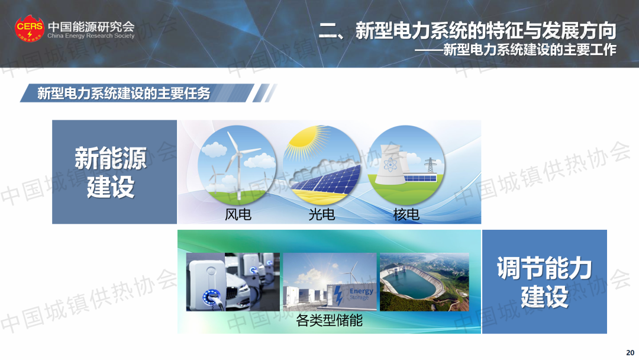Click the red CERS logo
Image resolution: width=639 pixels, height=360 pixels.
tap(30, 28)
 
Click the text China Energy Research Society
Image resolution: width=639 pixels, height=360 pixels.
tap(91, 36)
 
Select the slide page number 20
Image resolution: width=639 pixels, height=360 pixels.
tap(630, 353)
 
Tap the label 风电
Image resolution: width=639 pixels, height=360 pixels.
tap(238, 214)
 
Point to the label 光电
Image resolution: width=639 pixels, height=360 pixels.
tap(321, 214)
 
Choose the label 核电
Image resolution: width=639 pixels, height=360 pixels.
tap(406, 214)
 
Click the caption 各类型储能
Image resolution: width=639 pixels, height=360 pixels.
tap(330, 320)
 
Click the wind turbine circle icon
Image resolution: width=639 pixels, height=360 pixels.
tap(237, 165)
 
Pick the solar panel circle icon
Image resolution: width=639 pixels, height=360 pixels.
tap(322, 165)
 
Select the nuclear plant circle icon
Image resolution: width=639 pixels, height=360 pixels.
tap(406, 165)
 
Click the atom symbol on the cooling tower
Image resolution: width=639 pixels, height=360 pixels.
tap(390, 165)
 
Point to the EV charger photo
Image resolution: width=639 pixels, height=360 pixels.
tap(233, 282)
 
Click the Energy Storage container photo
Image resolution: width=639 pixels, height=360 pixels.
tap(330, 282)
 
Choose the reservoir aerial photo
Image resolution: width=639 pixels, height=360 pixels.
tap(424, 282)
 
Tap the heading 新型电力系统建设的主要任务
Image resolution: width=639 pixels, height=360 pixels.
tap(124, 94)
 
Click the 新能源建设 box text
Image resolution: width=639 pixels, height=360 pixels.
tap(111, 172)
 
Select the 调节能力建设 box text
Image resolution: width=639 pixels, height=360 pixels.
tap(544, 282)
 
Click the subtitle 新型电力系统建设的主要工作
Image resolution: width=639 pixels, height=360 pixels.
tap(530, 50)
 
